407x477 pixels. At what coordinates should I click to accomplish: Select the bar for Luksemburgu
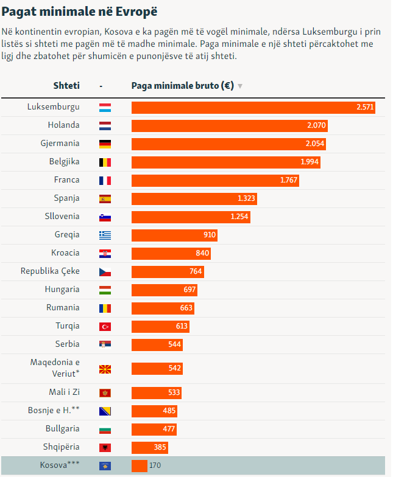point(253,108)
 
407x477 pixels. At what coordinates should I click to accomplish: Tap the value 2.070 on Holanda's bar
point(316,126)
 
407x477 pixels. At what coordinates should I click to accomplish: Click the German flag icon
point(105,144)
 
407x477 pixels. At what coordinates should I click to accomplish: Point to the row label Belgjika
point(64,162)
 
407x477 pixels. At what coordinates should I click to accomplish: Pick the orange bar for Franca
point(215,181)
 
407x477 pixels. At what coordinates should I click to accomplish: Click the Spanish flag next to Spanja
point(105,199)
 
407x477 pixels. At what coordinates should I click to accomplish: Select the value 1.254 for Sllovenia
point(239,217)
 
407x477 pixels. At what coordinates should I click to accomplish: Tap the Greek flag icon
point(105,235)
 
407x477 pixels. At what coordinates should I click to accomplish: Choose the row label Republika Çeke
point(50,271)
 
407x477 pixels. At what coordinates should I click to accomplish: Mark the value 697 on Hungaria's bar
point(189,290)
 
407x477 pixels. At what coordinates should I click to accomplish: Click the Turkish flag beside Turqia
point(105,326)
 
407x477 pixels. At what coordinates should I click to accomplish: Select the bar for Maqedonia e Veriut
point(157,369)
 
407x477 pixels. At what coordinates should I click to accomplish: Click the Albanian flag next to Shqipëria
point(105,448)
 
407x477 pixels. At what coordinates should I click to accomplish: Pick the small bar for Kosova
point(140,466)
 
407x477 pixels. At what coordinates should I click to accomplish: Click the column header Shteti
point(66,86)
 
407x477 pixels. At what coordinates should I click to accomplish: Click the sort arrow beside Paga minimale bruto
point(240,86)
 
